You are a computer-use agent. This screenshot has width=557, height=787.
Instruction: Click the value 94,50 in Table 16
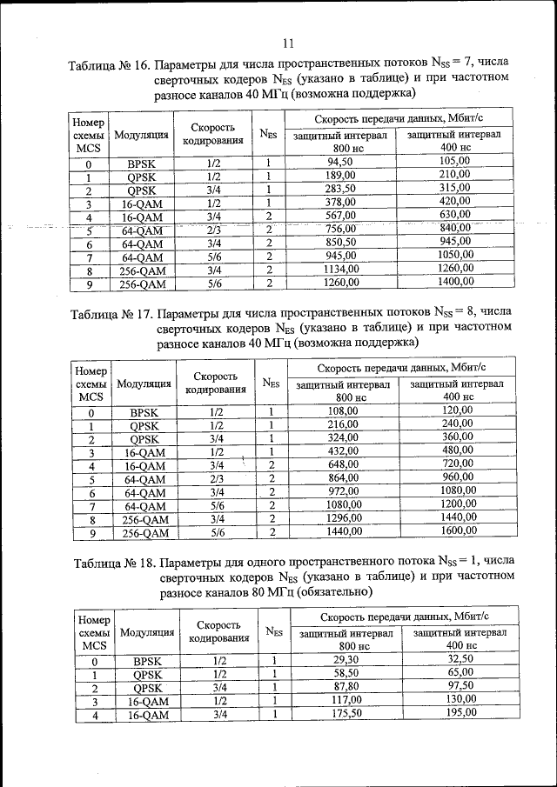[340, 163]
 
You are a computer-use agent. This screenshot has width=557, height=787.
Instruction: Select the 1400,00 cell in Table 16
[454, 283]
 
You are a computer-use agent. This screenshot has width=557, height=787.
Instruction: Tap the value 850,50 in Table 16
[340, 242]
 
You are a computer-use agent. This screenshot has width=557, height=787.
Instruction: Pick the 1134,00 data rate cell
[340, 270]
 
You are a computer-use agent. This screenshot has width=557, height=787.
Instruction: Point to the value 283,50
[340, 189]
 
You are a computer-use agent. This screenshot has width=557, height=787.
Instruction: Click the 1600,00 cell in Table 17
[457, 531]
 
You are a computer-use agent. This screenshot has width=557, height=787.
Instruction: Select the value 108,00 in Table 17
[343, 410]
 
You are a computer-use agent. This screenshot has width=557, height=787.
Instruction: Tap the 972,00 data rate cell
[343, 491]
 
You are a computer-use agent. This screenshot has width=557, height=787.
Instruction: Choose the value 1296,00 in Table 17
[343, 518]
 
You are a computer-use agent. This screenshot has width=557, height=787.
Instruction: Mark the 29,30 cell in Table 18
[346, 661]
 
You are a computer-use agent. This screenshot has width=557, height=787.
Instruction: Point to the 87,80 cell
[346, 687]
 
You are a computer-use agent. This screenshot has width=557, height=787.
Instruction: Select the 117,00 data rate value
[346, 701]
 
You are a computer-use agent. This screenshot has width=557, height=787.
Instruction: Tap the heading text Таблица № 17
[113, 314]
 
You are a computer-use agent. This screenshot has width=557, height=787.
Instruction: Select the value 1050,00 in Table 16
[454, 256]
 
